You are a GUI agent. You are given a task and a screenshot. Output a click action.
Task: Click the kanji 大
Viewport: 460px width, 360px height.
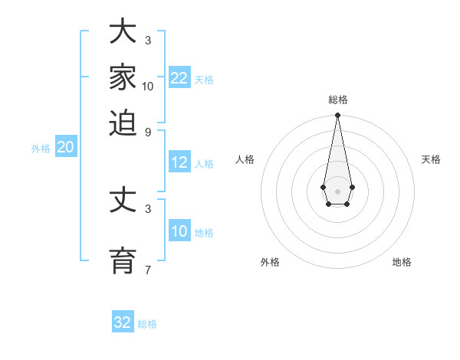point(123,33)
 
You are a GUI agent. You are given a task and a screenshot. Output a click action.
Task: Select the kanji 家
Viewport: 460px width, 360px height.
point(123,78)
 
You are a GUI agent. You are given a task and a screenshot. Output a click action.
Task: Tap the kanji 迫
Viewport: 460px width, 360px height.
point(123,123)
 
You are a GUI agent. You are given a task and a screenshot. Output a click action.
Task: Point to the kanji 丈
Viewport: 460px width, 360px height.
point(123,201)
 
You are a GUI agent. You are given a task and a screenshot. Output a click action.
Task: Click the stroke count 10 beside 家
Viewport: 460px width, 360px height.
point(148,87)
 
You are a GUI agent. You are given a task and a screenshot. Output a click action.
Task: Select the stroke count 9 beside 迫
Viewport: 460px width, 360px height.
point(148,131)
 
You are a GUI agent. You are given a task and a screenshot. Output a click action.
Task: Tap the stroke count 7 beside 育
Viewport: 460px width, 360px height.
point(148,270)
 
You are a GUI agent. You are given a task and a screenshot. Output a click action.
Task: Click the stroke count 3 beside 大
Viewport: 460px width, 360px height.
point(148,40)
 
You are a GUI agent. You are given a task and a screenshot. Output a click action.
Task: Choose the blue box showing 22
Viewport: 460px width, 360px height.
point(179,77)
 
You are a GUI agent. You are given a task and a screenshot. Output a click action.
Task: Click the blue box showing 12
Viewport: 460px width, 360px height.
point(179,162)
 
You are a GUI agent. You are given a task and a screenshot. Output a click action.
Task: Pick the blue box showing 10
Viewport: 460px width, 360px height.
point(179,231)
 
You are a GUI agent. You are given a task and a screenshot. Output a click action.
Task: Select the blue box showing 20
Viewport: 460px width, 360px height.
point(66,148)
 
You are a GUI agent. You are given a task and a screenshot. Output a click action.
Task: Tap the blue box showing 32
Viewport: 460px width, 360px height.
point(123,322)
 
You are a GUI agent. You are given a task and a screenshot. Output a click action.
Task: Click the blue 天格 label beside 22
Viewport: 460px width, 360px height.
point(204,80)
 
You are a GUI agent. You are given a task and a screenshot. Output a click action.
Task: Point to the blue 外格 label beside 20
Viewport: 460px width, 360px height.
point(41,149)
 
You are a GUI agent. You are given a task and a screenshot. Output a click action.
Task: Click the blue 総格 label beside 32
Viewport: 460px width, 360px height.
point(147,324)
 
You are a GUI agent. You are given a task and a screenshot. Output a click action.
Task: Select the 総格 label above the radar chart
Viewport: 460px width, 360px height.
point(337,100)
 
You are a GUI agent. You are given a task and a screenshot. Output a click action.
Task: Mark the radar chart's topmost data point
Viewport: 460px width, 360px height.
point(337,116)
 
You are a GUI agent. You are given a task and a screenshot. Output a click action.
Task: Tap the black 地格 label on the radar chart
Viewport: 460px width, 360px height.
point(402,262)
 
